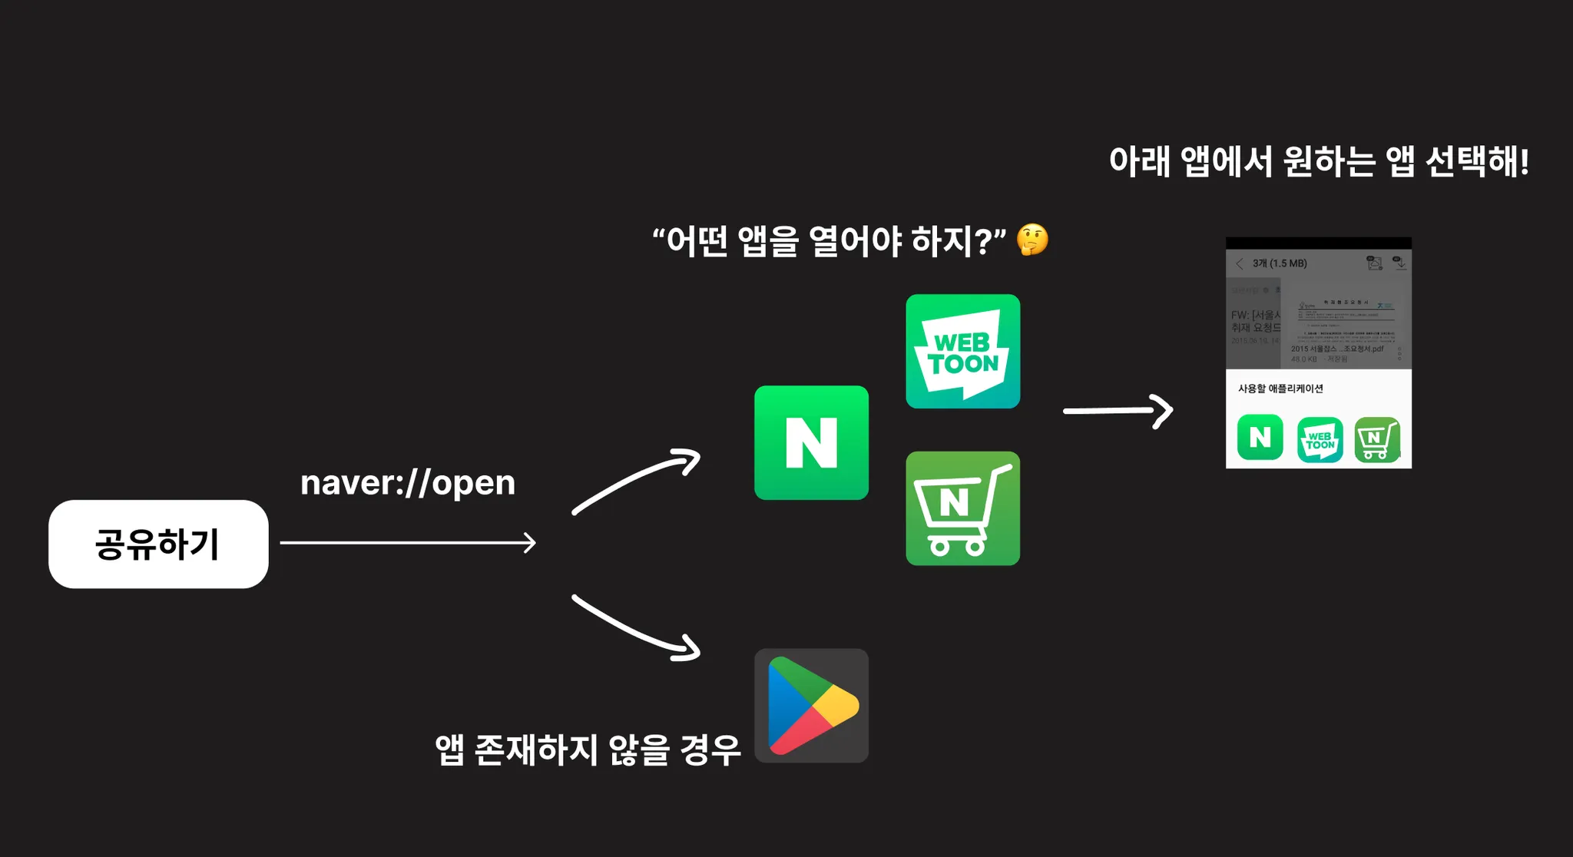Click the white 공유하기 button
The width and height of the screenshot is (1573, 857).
[158, 544]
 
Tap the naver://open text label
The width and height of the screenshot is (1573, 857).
[408, 483]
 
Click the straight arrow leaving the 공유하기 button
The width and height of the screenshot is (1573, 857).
[408, 543]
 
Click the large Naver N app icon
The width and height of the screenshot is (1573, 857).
[811, 442]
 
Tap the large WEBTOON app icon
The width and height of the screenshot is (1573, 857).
[962, 352]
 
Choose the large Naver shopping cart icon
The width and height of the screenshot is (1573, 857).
[962, 508]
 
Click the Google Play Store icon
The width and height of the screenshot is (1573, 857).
[811, 705]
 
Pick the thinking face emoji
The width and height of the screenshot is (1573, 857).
[1032, 240]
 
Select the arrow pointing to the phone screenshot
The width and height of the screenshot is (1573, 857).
[1118, 411]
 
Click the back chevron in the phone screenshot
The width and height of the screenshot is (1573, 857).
[1239, 263]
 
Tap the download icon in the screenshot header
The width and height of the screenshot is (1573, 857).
[1400, 263]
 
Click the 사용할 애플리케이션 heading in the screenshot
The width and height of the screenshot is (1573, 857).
[1280, 389]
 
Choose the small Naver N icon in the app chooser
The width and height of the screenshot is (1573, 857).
[1260, 438]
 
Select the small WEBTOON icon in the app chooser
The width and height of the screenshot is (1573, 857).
[1320, 440]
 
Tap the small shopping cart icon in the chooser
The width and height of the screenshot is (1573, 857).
[1376, 440]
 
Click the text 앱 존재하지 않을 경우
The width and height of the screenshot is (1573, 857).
[588, 749]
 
